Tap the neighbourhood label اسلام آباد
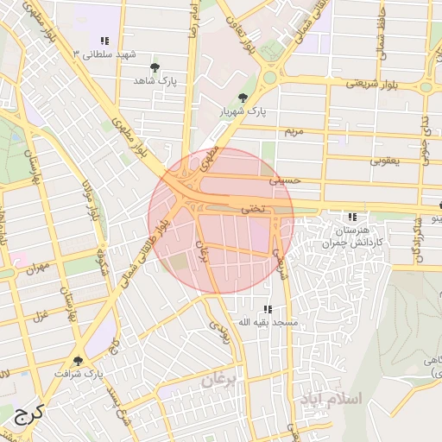click(x=332, y=399)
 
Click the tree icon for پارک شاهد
click(x=155, y=66)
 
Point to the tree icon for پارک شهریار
click(x=242, y=98)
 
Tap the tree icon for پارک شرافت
click(x=79, y=360)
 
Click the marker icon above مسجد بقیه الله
click(x=268, y=308)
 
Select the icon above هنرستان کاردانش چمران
click(x=351, y=217)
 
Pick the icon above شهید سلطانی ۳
click(x=104, y=41)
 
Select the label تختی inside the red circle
click(x=255, y=208)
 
